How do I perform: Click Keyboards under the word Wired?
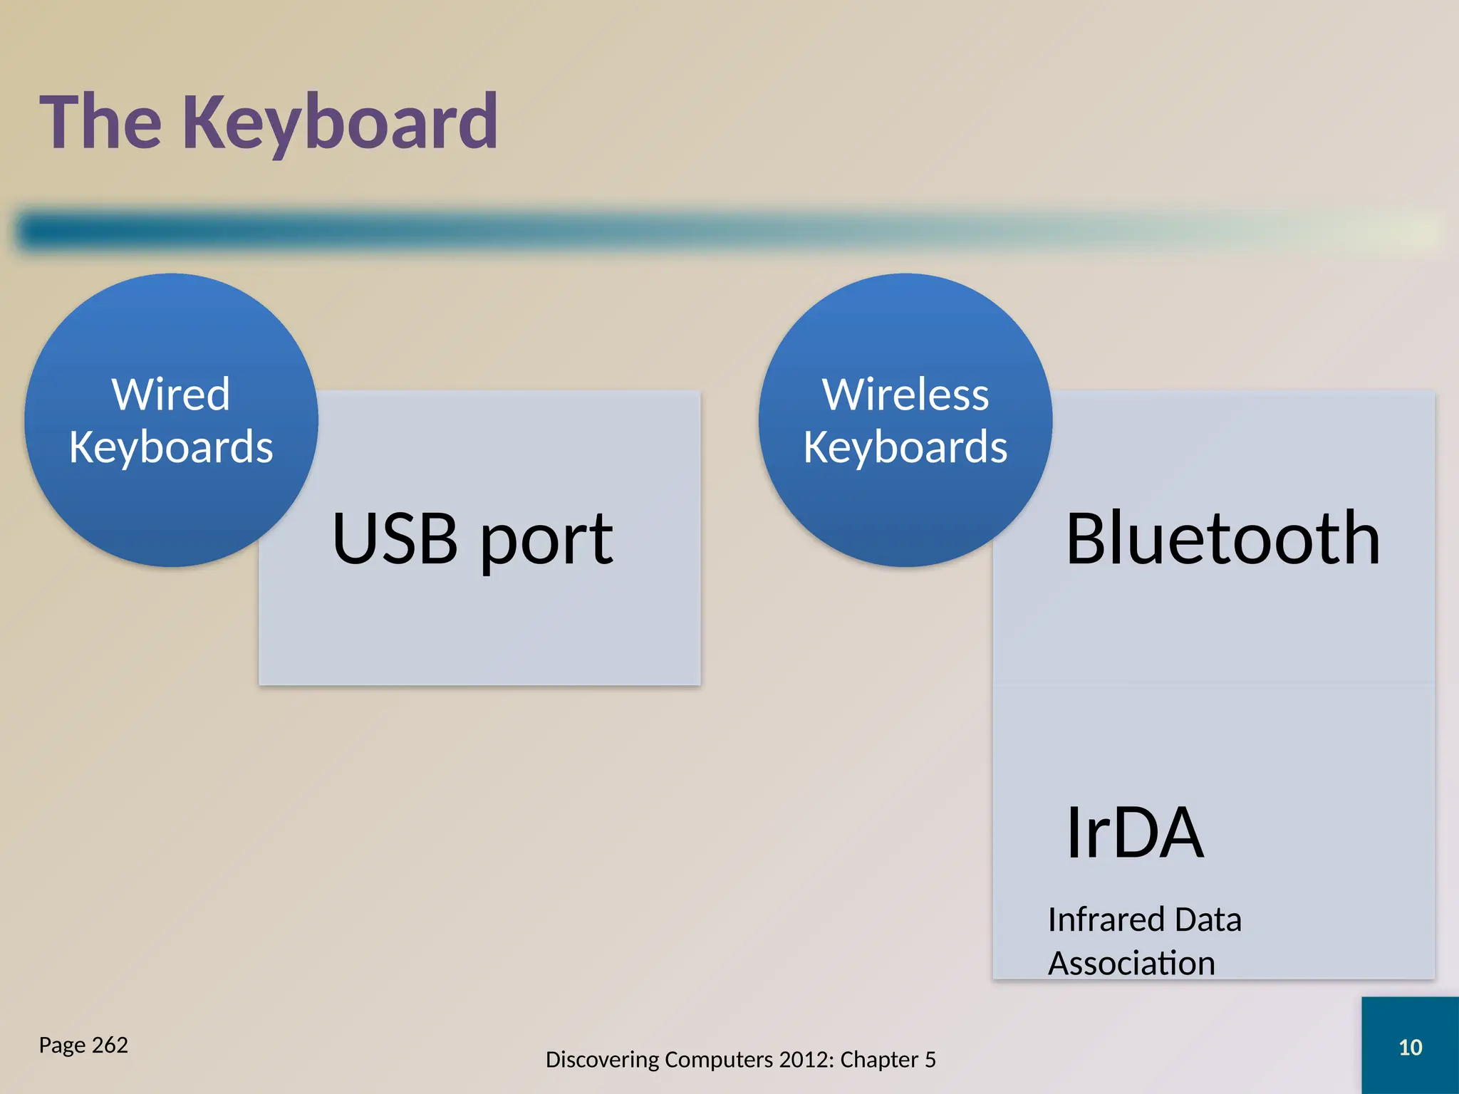click(x=171, y=447)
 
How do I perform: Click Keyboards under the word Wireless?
click(x=905, y=447)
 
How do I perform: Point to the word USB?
click(x=395, y=539)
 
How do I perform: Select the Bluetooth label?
click(x=1222, y=539)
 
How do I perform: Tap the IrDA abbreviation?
click(x=1134, y=833)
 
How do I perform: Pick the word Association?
click(x=1131, y=964)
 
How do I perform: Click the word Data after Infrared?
click(x=1208, y=920)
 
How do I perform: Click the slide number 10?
click(x=1410, y=1047)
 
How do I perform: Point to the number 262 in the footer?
click(x=110, y=1045)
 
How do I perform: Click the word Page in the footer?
click(x=62, y=1045)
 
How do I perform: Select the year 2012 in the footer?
click(x=806, y=1060)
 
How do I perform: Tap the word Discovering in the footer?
click(x=602, y=1060)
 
